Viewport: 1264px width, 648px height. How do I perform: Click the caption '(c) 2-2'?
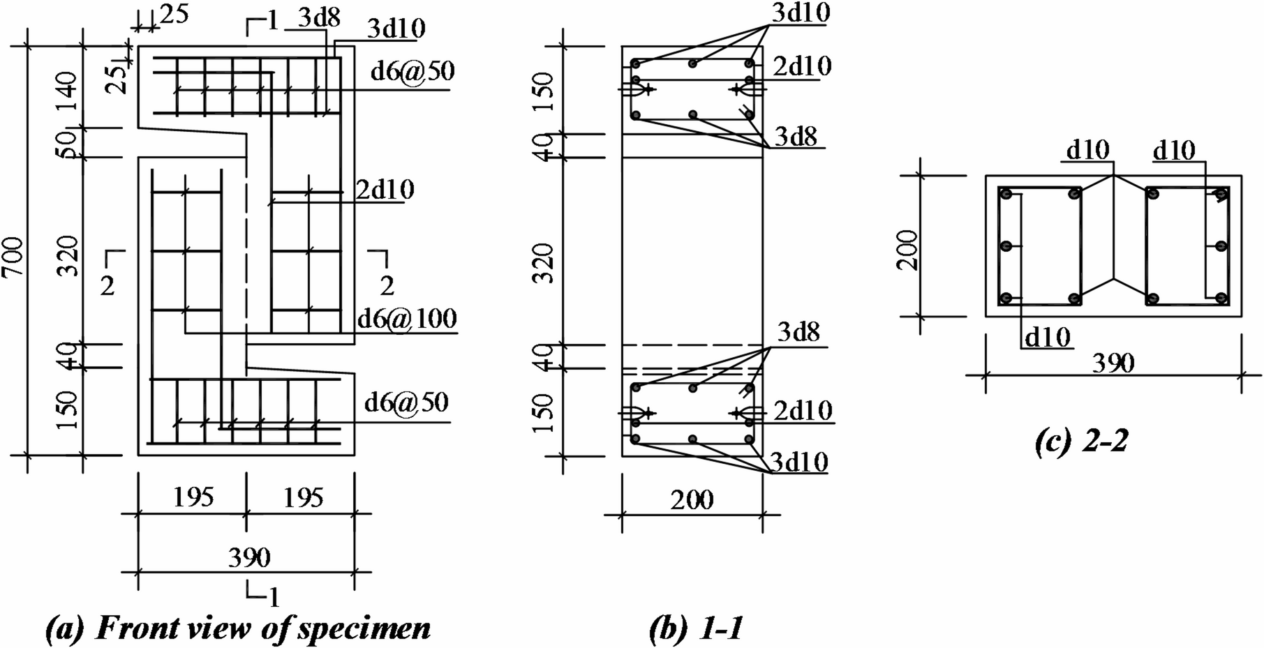tap(1081, 441)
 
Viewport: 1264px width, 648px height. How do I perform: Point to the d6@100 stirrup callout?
tap(406, 319)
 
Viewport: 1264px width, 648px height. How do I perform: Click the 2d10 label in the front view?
tap(385, 190)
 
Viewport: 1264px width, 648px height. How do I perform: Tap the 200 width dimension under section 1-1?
tap(692, 499)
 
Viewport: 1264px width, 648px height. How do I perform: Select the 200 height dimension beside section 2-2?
tap(909, 249)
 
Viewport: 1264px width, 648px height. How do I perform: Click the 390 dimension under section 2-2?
tap(1113, 363)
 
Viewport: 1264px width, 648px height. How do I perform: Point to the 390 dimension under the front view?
tap(249, 557)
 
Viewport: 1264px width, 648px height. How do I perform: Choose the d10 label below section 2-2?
tap(1047, 338)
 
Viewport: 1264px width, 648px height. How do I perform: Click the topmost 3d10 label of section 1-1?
tap(801, 13)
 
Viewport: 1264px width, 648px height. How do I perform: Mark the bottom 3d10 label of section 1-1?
tap(799, 462)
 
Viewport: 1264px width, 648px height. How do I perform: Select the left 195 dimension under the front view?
tap(193, 497)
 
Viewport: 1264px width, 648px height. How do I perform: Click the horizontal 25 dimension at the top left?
tap(174, 14)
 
